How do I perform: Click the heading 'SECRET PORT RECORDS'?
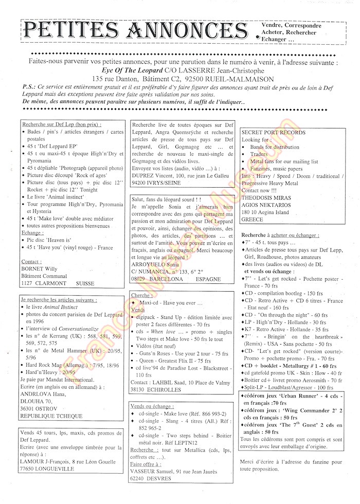click(274, 133)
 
